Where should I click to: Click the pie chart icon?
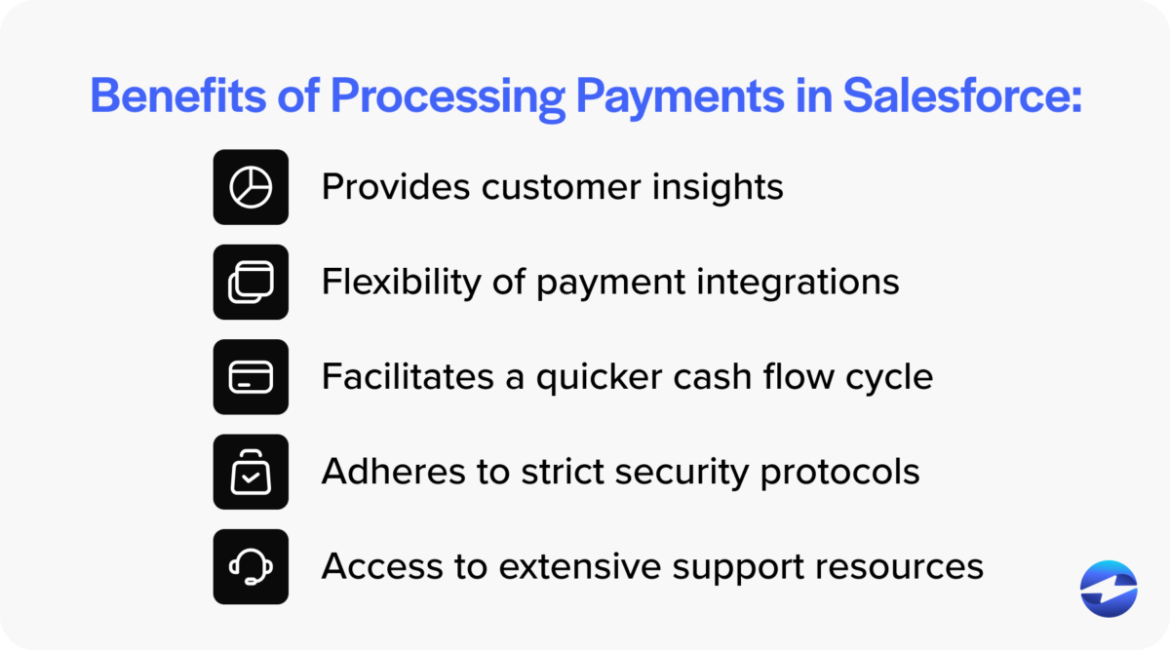click(251, 187)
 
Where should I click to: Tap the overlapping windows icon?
click(251, 282)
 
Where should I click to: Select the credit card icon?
click(251, 377)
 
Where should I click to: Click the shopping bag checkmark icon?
click(251, 472)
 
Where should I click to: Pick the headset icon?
click(251, 566)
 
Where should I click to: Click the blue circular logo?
click(1109, 590)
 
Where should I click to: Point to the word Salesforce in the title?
click(960, 97)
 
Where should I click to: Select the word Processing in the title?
click(447, 97)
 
